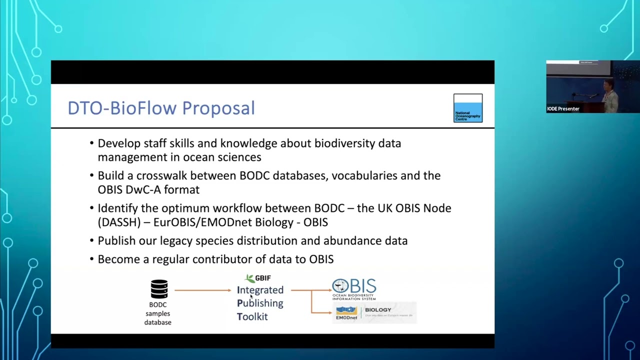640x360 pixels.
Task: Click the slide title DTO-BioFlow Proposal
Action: click(161, 108)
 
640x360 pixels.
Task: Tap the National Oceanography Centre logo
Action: click(468, 108)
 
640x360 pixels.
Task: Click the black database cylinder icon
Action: click(159, 289)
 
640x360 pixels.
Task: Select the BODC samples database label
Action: click(158, 313)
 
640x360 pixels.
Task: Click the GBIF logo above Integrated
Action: click(258, 278)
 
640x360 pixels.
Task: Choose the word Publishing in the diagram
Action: click(260, 303)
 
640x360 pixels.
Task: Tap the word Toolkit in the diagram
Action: click(252, 316)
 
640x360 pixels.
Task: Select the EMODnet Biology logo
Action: click(374, 312)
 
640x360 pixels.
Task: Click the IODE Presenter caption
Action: click(563, 109)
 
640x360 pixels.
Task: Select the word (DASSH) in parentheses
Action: click(118, 222)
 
